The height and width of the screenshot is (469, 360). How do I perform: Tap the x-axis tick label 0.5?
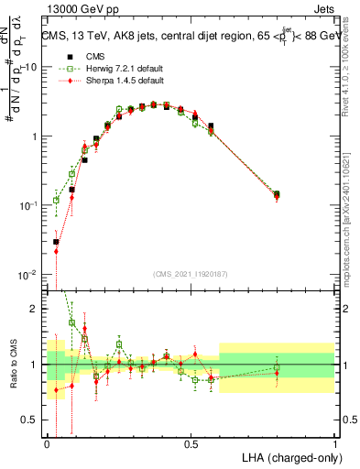(191, 442)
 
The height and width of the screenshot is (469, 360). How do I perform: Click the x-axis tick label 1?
(335, 442)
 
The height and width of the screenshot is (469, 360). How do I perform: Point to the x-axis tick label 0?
(47, 442)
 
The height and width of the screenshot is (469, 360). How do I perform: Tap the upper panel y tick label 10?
(30, 67)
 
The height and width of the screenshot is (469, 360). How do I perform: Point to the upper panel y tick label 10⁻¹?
(27, 205)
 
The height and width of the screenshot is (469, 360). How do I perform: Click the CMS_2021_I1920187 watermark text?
(191, 272)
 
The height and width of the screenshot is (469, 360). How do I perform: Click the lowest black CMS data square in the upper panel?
(57, 242)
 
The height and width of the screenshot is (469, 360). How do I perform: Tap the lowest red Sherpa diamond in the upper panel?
(57, 251)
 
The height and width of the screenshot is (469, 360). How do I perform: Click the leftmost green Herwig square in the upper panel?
(57, 200)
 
